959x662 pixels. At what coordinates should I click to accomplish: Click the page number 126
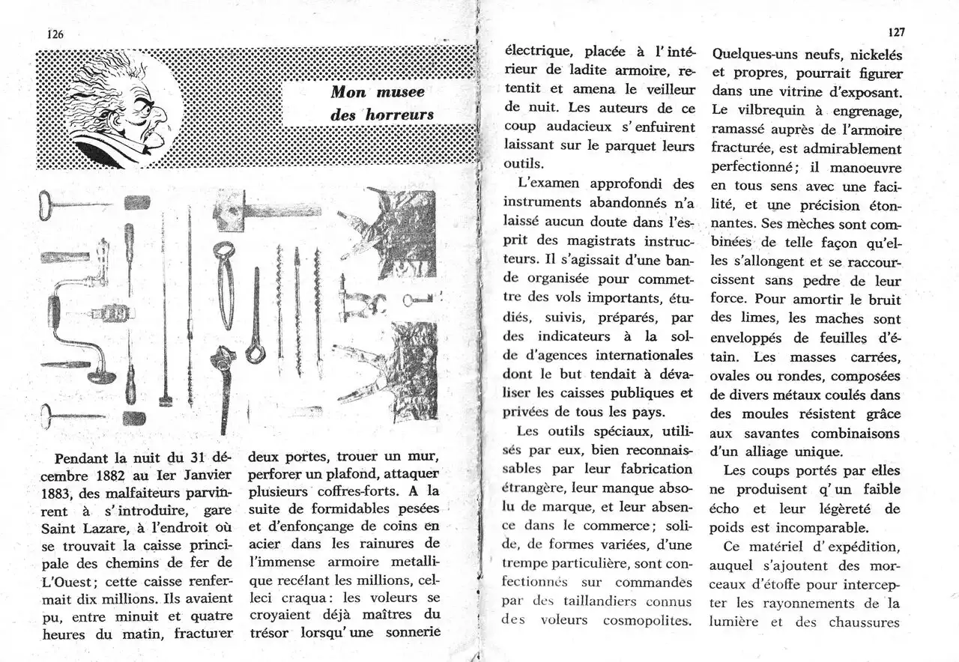point(55,34)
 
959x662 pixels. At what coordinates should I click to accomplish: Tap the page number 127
point(896,32)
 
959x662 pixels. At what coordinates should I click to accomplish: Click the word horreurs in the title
point(400,115)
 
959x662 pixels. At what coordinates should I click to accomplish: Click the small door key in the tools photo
point(417,300)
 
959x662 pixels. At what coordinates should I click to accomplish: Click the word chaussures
point(863,622)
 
